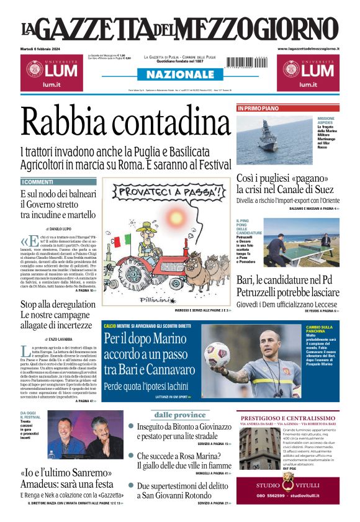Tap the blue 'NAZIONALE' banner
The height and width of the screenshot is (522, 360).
[179, 74]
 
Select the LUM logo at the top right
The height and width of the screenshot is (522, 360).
[308, 71]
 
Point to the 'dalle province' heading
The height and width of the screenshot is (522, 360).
[180, 415]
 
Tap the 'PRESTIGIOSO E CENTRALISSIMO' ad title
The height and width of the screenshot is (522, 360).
[288, 419]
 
